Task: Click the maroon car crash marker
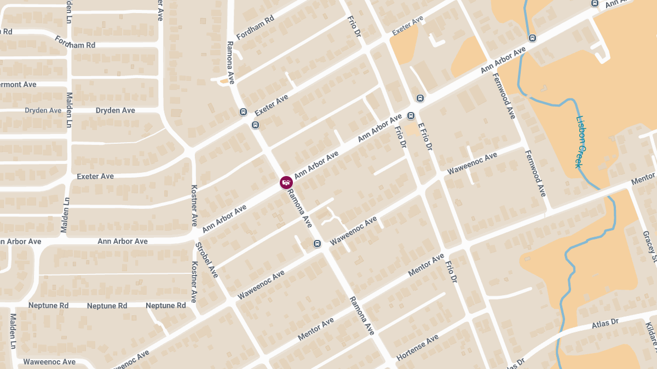point(286,182)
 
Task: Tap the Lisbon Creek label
point(582,142)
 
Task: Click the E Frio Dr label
point(425,136)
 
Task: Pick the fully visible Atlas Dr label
point(604,324)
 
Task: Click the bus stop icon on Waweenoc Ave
point(317,243)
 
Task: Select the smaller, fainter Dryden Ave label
point(43,110)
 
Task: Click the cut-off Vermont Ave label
point(18,85)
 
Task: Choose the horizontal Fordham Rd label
point(75,45)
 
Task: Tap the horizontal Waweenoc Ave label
point(49,362)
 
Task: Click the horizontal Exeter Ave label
point(95,176)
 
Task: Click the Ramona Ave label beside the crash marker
point(300,208)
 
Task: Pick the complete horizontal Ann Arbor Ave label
point(123,241)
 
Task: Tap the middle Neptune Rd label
point(107,306)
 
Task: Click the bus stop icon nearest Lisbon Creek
point(532,38)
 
